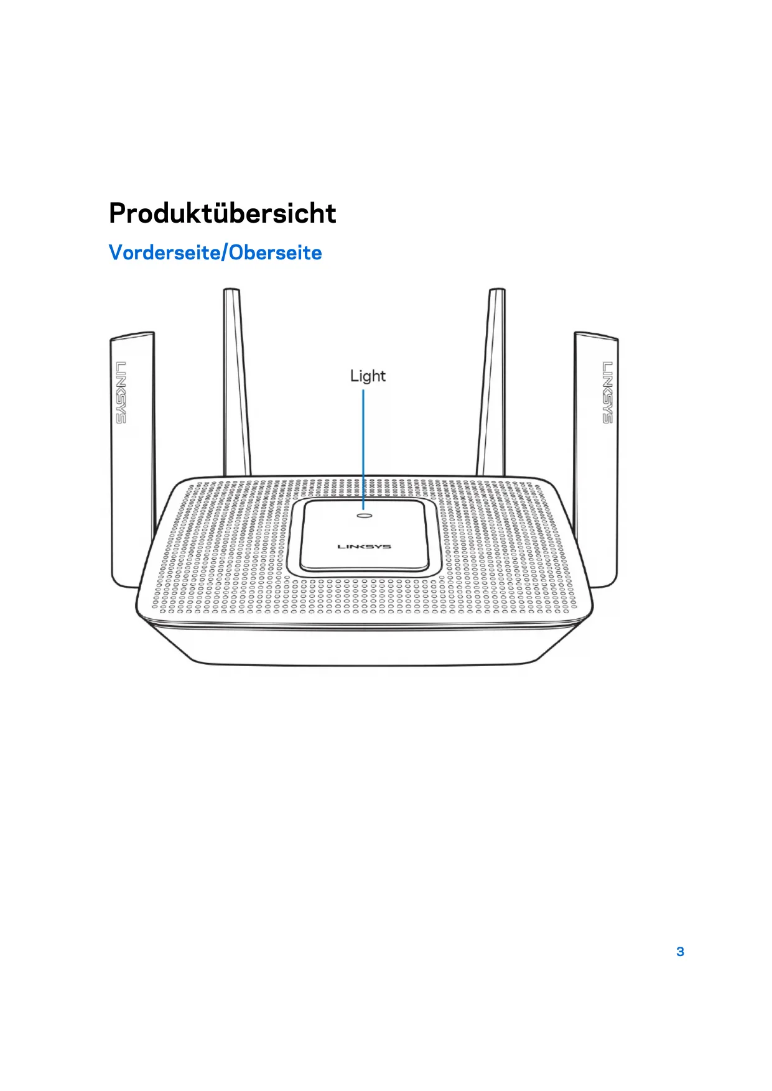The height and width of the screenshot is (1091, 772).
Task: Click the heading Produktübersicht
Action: (x=222, y=213)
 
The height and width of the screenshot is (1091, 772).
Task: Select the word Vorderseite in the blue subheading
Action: (x=166, y=253)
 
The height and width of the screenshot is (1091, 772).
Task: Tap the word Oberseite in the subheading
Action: (x=276, y=253)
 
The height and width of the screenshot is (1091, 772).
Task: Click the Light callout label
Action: (x=368, y=376)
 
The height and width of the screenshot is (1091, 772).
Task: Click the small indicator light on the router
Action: (x=365, y=515)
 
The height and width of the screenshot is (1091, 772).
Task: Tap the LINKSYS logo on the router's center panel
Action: (x=364, y=547)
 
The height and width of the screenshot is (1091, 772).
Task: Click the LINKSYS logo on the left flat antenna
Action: (x=121, y=392)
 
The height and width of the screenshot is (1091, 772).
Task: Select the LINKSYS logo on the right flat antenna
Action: (x=607, y=392)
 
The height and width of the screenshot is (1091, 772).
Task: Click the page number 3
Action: (x=680, y=952)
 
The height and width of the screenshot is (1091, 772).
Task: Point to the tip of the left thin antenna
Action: (x=231, y=291)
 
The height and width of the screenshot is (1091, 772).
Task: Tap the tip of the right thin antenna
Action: (x=496, y=291)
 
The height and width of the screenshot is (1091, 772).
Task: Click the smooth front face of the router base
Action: (x=364, y=647)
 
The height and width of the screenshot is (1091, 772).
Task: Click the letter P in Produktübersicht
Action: (x=118, y=213)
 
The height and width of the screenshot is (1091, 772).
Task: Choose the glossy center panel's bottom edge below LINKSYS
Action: (x=365, y=569)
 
